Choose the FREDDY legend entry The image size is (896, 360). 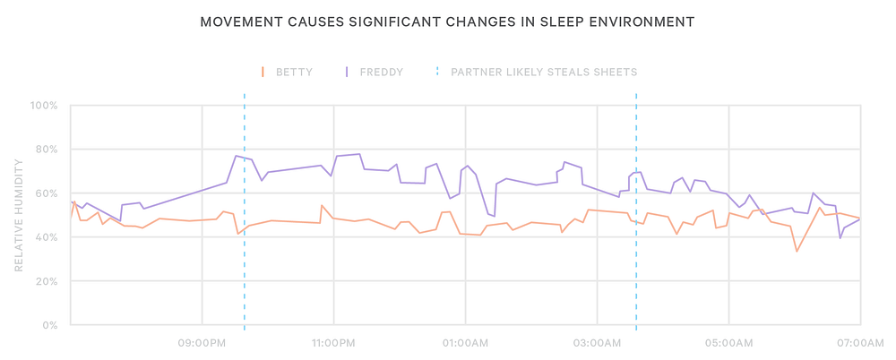[x=381, y=72]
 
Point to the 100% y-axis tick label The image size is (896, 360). [x=44, y=106]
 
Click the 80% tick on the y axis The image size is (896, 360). [x=47, y=150]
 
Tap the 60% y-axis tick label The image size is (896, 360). [x=47, y=193]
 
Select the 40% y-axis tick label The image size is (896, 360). [x=47, y=237]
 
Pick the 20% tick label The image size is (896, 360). [x=47, y=281]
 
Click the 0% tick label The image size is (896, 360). [x=49, y=325]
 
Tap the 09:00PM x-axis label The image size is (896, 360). [x=202, y=342]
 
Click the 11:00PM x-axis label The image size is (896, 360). [x=333, y=342]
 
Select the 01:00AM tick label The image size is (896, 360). [x=465, y=342]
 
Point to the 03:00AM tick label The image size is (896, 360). [x=597, y=342]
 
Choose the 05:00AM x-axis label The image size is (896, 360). [x=728, y=342]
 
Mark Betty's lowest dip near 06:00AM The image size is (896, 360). [x=797, y=251]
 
